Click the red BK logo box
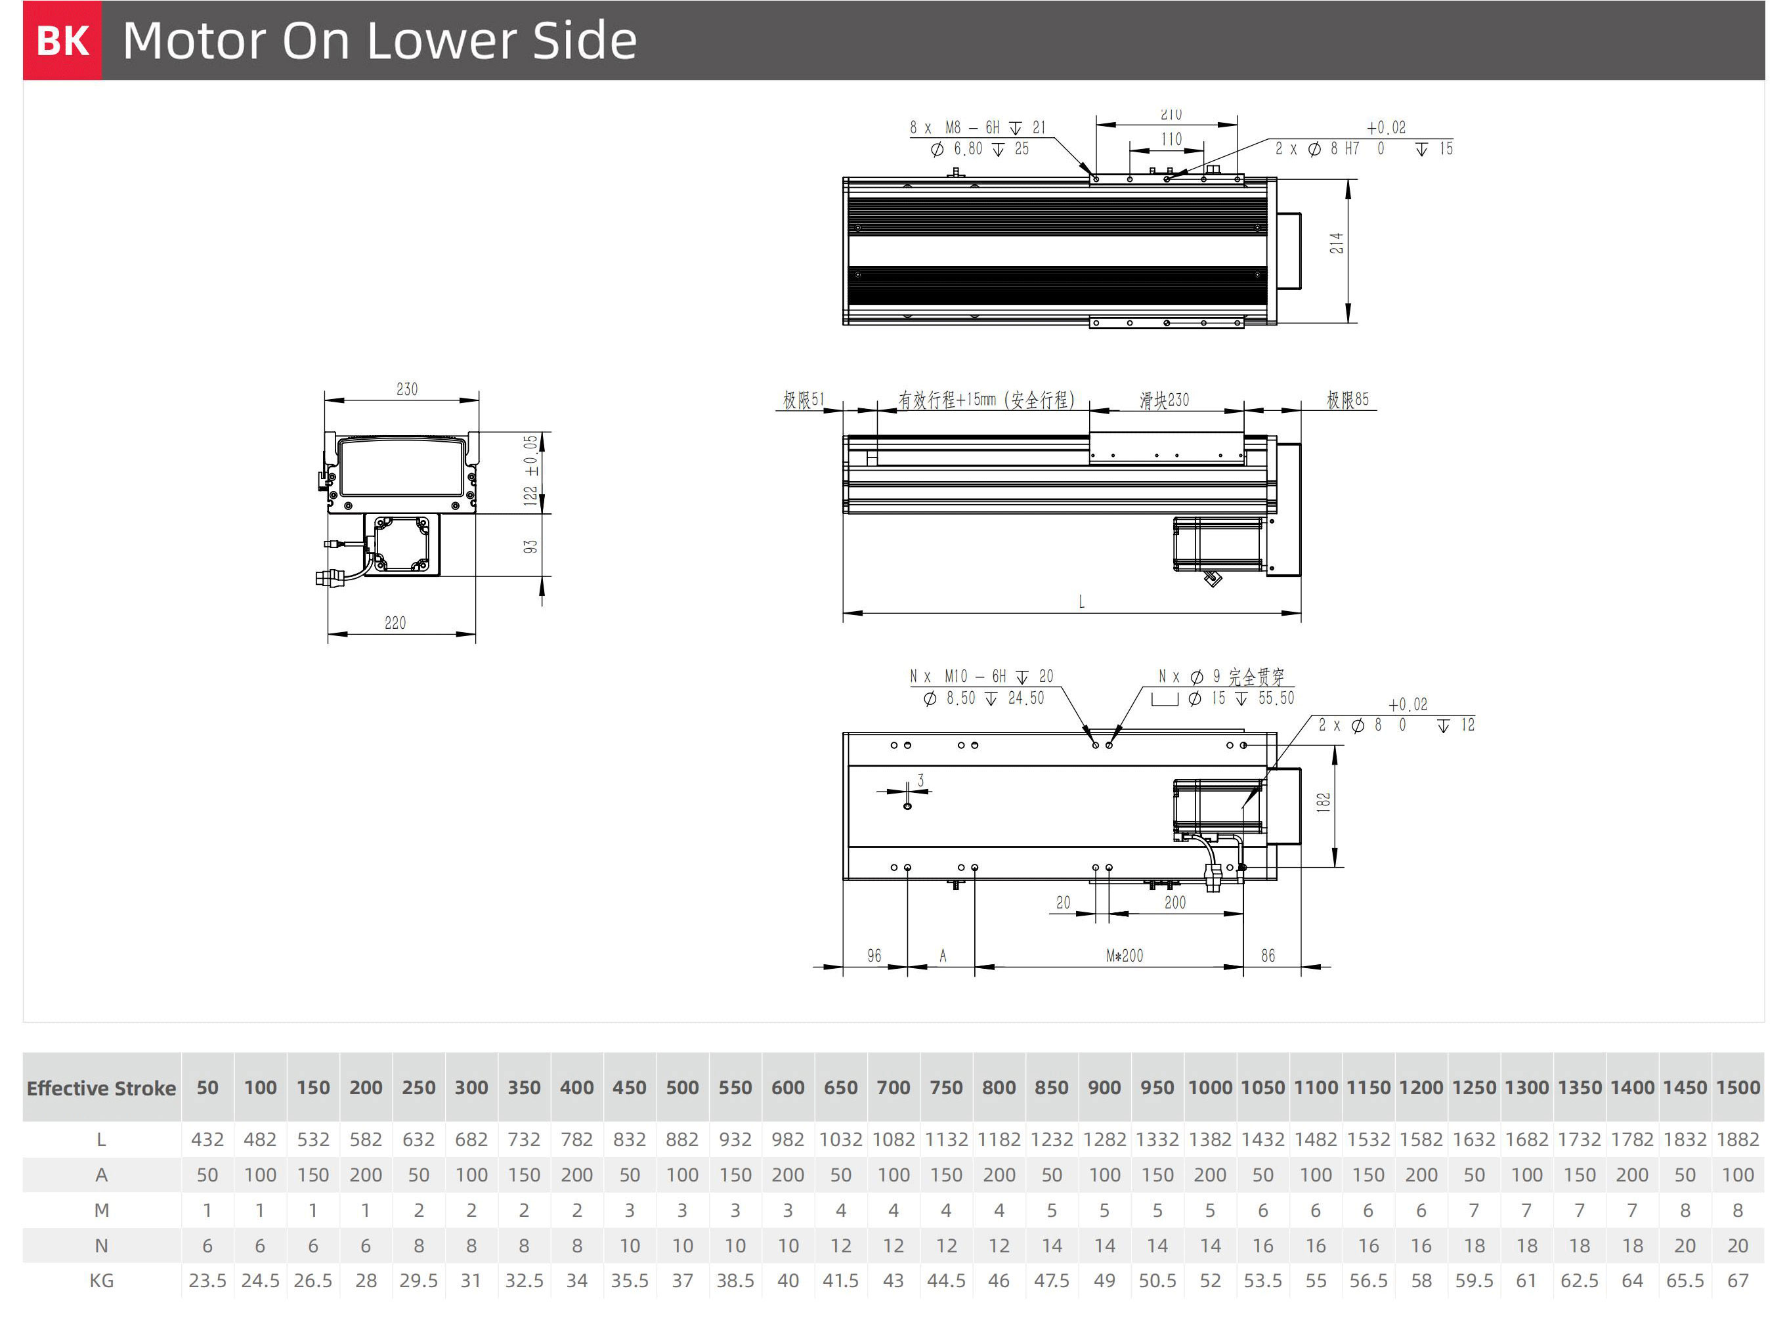62,40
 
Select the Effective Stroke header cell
101,1088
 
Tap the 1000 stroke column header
1210,1088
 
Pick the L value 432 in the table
207,1140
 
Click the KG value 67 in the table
1738,1281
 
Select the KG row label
101,1281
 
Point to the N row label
101,1245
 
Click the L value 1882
1738,1140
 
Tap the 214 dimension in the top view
1336,244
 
